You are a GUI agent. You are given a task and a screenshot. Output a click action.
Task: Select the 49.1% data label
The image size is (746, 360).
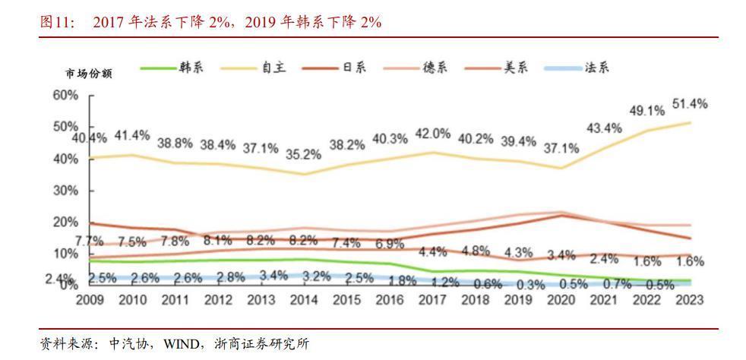(646, 110)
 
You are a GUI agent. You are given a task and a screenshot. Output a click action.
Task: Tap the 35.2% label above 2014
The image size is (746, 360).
(305, 155)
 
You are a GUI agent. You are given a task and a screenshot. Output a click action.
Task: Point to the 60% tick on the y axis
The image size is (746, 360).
(65, 95)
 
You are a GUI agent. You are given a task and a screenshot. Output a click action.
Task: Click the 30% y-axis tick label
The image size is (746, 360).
(65, 190)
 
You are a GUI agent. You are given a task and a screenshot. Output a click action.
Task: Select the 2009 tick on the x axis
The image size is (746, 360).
(90, 300)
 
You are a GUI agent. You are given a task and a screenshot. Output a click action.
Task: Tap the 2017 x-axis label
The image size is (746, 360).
(434, 300)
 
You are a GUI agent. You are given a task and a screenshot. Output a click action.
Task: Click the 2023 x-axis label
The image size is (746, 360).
(690, 300)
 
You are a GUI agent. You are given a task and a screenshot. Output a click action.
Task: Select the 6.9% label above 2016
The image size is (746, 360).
(390, 244)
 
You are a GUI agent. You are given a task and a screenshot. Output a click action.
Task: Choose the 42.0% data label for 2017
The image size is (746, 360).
(433, 134)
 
